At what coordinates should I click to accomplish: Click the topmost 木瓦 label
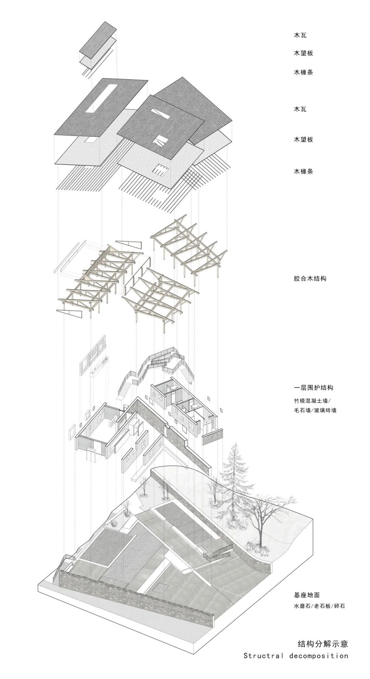click(300, 35)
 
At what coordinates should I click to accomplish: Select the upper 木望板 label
click(303, 53)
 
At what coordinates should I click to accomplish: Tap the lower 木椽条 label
click(303, 171)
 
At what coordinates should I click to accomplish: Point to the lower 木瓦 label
click(300, 109)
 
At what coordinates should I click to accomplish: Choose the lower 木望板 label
click(303, 140)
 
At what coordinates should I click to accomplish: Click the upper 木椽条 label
click(303, 72)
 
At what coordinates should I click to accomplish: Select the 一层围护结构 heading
click(313, 388)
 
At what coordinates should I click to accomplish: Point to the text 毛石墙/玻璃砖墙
click(315, 410)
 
